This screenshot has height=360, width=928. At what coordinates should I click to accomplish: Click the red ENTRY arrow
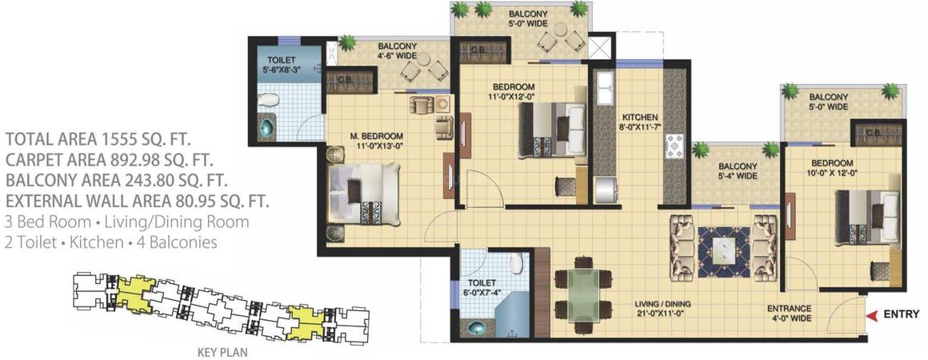point(873,315)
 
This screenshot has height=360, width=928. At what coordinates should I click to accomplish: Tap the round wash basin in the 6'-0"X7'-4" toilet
point(478,329)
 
